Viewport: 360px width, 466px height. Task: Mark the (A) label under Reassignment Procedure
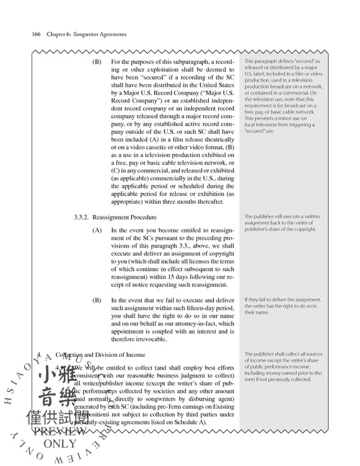pos(98,230)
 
